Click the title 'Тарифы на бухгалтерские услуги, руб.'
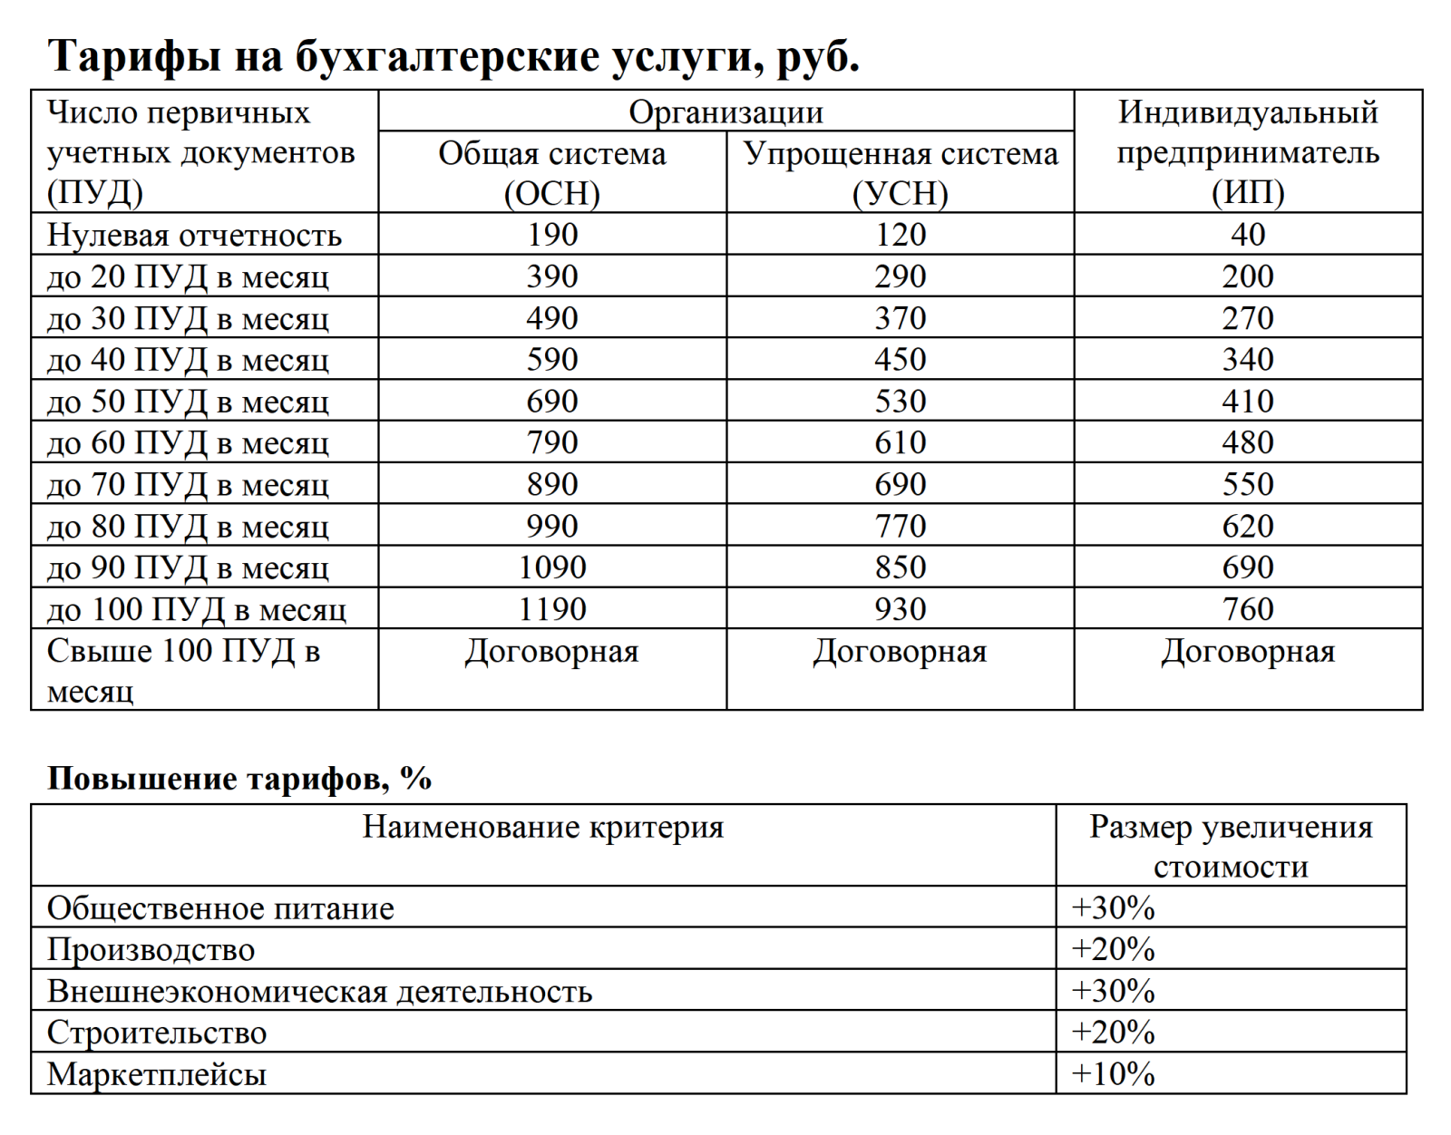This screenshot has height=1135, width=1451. pyautogui.click(x=453, y=56)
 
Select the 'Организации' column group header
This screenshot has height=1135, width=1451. pyautogui.click(x=725, y=112)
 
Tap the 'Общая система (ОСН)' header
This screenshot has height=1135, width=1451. pyautogui.click(x=551, y=172)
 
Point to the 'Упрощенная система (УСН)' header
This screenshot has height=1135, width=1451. pyautogui.click(x=900, y=172)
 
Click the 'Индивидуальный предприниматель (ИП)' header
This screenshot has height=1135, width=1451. pyautogui.click(x=1248, y=151)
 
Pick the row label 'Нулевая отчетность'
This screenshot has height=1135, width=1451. pyautogui.click(x=194, y=235)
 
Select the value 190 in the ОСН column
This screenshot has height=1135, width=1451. pyautogui.click(x=551, y=235)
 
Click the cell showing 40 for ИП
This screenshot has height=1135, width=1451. pyautogui.click(x=1248, y=235)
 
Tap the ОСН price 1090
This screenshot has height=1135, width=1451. pyautogui.click(x=551, y=567)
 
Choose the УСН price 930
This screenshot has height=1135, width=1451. pyautogui.click(x=900, y=609)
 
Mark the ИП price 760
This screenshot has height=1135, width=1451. pyautogui.click(x=1248, y=609)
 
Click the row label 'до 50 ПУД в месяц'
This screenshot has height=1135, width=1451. pyautogui.click(x=188, y=402)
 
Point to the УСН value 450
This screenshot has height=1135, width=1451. pyautogui.click(x=900, y=360)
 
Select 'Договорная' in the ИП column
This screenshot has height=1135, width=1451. pyautogui.click(x=1248, y=652)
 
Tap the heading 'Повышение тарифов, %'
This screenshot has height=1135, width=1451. pyautogui.click(x=239, y=779)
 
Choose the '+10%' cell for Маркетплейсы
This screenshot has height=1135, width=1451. pyautogui.click(x=1113, y=1074)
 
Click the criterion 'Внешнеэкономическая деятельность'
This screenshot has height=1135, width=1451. pyautogui.click(x=319, y=991)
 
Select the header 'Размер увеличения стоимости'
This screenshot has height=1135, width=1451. pyautogui.click(x=1231, y=846)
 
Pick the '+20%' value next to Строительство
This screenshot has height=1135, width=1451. pyautogui.click(x=1113, y=1033)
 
